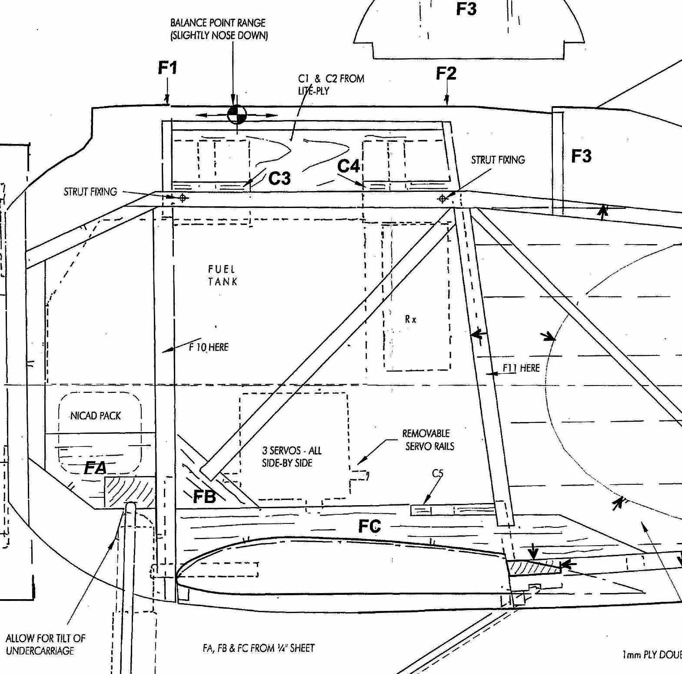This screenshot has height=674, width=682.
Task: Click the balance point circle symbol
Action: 237,115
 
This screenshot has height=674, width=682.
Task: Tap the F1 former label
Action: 168,68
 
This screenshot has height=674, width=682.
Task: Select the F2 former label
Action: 446,73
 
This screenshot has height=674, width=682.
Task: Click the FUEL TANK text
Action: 223,275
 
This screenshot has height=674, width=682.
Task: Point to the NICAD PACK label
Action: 96,416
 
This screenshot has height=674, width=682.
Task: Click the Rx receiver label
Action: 411,319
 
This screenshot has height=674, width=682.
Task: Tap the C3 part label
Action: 279,178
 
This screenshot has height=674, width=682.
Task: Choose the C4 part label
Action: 349,166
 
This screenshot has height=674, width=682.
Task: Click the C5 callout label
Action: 437,473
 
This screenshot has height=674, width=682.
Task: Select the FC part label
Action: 369,526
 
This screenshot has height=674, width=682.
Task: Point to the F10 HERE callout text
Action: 209,347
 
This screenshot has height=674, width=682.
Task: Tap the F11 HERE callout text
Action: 521,368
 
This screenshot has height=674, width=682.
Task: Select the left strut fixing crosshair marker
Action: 183,198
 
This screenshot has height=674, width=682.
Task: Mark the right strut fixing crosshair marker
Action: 442,199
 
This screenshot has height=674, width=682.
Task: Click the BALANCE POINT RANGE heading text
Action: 218,29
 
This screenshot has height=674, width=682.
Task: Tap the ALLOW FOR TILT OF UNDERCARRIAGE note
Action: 45,644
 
